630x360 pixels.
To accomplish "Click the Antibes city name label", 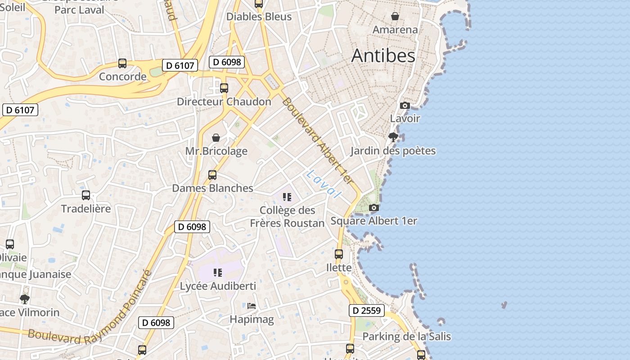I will (383, 55).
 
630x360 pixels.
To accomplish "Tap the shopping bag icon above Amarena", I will (395, 16).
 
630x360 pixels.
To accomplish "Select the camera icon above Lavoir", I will (405, 105).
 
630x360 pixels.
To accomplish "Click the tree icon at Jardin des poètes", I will (393, 137).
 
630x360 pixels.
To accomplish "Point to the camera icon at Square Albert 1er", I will (373, 207).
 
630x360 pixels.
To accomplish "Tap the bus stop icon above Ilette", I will (339, 254).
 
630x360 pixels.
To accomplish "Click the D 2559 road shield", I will (367, 310).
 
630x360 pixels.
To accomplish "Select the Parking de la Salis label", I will (406, 337).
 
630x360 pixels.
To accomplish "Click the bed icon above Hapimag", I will (252, 306).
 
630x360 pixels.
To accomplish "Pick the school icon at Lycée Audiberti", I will (218, 272).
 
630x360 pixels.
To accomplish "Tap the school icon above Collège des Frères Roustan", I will (287, 197).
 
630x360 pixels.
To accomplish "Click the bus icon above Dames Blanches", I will (212, 175).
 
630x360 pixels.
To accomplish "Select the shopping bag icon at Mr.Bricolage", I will (216, 137).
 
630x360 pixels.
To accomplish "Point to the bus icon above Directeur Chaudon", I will (224, 88).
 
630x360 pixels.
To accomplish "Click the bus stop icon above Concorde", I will (122, 63).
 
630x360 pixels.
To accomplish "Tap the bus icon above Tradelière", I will (86, 195).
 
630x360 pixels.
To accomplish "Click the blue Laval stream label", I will (323, 184).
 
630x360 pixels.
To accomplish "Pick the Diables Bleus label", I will (259, 17).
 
